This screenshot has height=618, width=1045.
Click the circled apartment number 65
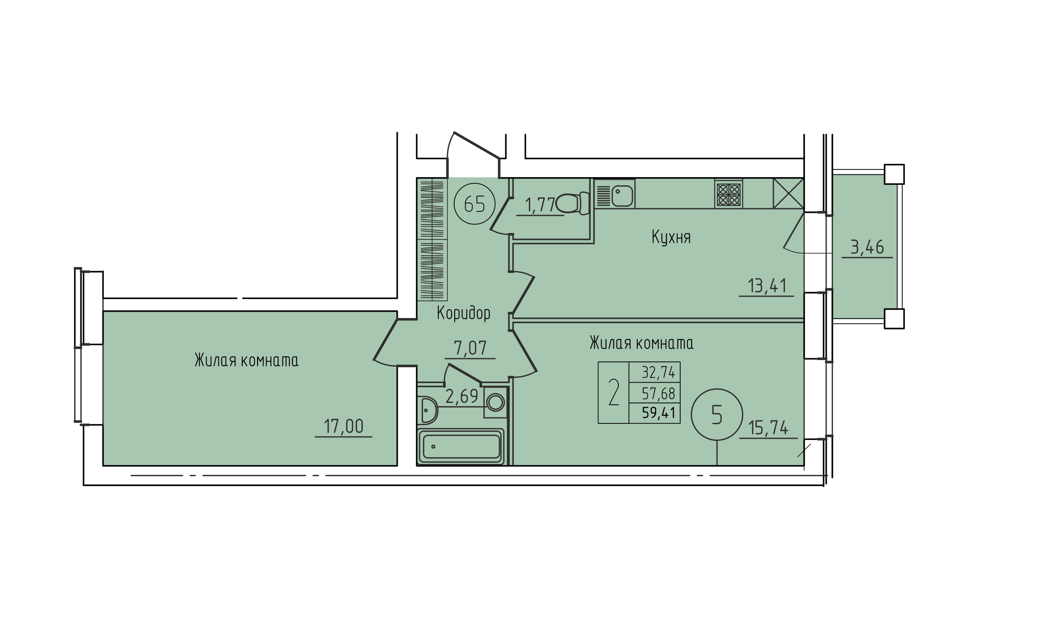[x=475, y=204]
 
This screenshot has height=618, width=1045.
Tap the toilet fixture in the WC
[x=572, y=203]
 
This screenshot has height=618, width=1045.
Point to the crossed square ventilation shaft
[x=788, y=193]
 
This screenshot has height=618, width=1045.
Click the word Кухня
[x=671, y=237]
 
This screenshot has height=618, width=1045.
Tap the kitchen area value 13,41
[x=767, y=286]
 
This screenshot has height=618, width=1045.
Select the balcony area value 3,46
[x=867, y=247]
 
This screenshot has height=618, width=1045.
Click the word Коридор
[x=463, y=313]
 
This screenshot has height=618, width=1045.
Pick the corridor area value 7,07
[x=470, y=348]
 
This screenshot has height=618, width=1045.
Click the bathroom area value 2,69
[x=461, y=396]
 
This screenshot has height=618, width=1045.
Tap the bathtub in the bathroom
[x=461, y=446]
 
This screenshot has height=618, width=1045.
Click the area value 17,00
[x=344, y=426]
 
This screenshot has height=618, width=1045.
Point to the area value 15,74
[x=768, y=427]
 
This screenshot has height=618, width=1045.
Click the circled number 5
[x=717, y=415]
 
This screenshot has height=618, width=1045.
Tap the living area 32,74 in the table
[x=659, y=372]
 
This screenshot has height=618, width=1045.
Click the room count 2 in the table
[x=613, y=393]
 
